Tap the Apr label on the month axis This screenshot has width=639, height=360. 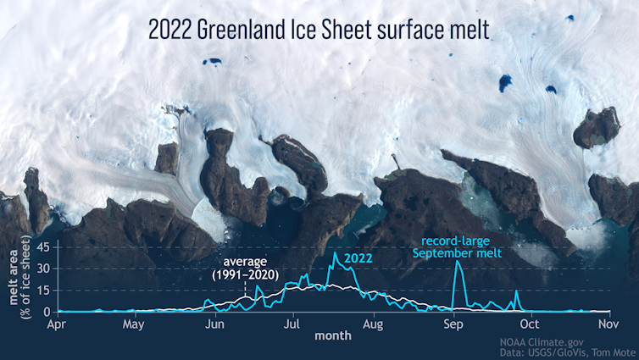pos(57,323)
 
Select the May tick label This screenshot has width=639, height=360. pos(134,323)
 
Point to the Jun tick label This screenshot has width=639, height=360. pos(215,323)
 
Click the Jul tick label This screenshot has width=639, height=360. pos(293,323)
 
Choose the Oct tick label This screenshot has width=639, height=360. pos(530,323)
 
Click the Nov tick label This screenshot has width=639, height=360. pos(608,323)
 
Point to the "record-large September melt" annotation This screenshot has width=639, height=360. pos(457,246)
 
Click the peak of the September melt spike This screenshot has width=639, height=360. pos(458,262)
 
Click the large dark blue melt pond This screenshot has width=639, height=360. pos(505,82)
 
